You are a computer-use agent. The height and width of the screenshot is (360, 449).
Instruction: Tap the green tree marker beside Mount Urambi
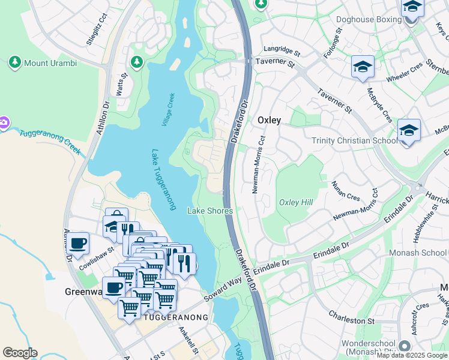click(14, 62)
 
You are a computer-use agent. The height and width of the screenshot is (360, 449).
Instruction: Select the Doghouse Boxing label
click(369, 19)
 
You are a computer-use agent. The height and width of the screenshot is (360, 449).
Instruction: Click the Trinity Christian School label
click(354, 140)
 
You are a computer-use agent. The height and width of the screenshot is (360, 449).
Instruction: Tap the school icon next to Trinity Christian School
click(409, 130)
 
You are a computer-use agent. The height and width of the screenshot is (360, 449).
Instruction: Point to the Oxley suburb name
click(269, 120)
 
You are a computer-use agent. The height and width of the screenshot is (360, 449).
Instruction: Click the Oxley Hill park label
click(296, 202)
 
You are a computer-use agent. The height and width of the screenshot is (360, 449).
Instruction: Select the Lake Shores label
click(210, 211)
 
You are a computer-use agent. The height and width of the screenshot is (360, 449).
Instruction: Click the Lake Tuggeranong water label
click(163, 179)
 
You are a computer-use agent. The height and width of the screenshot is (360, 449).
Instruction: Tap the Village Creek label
click(168, 109)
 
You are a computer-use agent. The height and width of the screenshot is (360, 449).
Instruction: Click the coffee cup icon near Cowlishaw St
click(77, 243)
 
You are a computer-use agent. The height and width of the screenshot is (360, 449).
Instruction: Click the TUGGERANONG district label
click(176, 317)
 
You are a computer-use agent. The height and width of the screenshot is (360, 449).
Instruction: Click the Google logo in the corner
click(20, 353)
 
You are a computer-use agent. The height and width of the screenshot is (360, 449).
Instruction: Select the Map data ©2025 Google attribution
click(412, 355)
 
